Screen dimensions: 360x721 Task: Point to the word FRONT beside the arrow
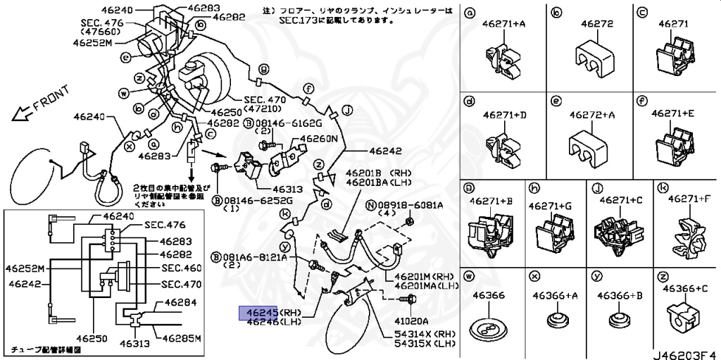[x=51, y=99]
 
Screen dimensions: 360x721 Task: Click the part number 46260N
[x=318, y=139]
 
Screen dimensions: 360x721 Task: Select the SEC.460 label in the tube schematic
[x=182, y=268]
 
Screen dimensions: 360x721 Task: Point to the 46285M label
[x=182, y=337]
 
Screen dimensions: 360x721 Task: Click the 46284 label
[x=181, y=303]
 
